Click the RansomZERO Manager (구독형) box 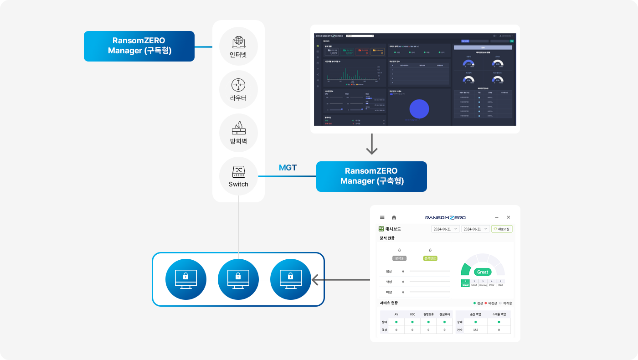click(x=139, y=46)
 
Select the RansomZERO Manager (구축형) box click(x=371, y=176)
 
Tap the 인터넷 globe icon click(x=238, y=41)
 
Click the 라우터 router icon click(x=238, y=85)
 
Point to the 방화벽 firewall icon click(x=238, y=128)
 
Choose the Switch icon click(x=238, y=172)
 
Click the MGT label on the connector click(x=288, y=168)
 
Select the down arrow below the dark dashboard click(x=372, y=144)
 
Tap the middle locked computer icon click(x=238, y=279)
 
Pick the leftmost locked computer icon click(x=185, y=279)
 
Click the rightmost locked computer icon click(x=290, y=279)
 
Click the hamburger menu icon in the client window click(x=382, y=217)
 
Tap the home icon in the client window click(x=394, y=217)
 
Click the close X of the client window click(x=509, y=217)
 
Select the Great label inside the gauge click(x=482, y=272)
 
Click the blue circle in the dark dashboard click(x=419, y=109)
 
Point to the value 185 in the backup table click(x=475, y=329)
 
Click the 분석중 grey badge click(x=399, y=258)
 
